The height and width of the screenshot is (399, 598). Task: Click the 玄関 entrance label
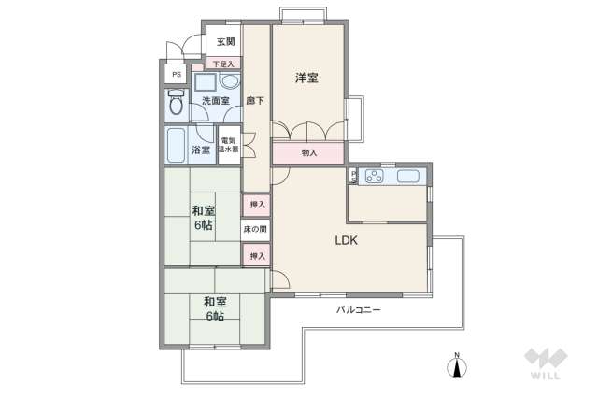[226, 42]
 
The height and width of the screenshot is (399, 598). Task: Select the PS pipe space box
[175, 73]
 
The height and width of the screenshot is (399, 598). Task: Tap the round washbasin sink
[228, 81]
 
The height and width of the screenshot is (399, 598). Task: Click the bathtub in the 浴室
[176, 145]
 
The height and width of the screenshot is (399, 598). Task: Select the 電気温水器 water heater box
[229, 144]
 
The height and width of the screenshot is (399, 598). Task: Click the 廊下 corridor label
[254, 101]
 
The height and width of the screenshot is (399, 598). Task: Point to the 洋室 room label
[307, 78]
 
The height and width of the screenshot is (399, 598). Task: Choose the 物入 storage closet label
[309, 152]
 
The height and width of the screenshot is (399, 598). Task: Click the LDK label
[348, 239]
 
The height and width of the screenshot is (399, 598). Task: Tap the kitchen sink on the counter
[409, 176]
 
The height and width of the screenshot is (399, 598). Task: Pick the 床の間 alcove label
[256, 229]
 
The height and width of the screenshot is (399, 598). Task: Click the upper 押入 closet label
[256, 204]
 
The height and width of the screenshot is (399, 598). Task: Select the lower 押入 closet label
[256, 255]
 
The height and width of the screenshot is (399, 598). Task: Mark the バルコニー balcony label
[359, 308]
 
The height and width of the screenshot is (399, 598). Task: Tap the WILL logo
[541, 363]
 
